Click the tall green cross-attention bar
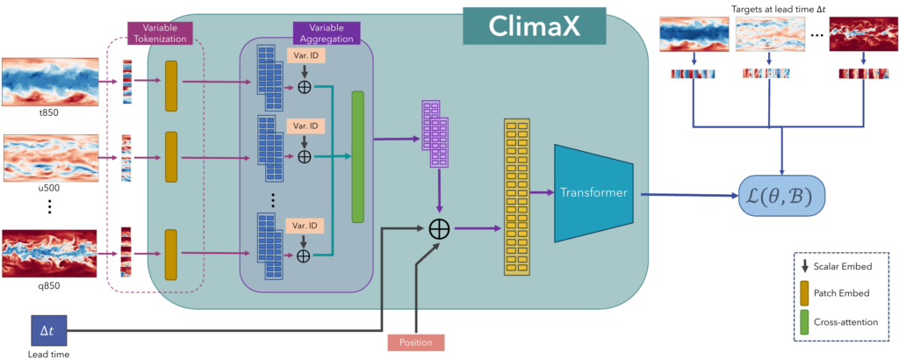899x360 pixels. (356, 155)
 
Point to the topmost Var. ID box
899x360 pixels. (305, 55)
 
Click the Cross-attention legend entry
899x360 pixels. (838, 321)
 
